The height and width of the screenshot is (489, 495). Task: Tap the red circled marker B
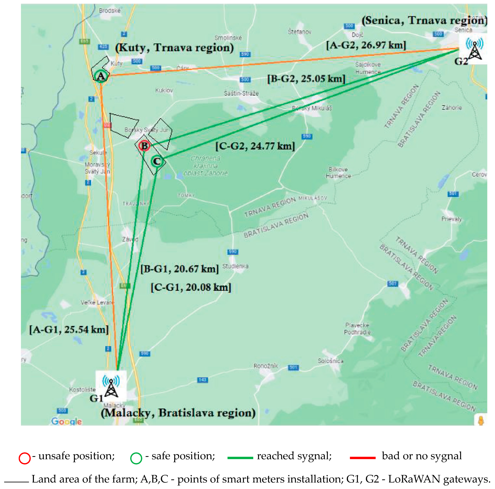[144, 146]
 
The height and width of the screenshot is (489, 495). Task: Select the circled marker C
[157, 161]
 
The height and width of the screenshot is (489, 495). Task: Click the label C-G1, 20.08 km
[191, 287]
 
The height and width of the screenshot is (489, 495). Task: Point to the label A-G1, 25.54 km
[69, 330]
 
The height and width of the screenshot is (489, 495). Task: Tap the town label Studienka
[235, 266]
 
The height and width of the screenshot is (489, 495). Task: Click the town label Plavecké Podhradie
[357, 329]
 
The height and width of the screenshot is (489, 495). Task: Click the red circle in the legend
[25, 458]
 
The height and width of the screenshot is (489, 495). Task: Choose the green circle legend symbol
[136, 458]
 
